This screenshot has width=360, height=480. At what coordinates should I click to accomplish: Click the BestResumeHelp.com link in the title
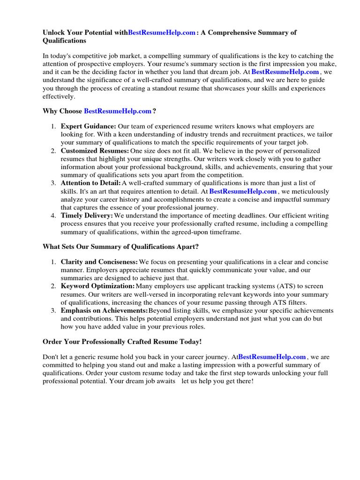coord(162,32)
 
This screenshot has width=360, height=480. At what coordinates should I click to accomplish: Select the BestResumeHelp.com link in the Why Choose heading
coord(118,111)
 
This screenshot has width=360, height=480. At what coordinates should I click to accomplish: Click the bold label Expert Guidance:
coord(89,127)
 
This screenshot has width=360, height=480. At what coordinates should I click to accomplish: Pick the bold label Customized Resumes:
coord(95,151)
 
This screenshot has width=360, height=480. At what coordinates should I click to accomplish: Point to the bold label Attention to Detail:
coord(90,183)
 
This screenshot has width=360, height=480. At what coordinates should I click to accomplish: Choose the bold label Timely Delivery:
coord(87,216)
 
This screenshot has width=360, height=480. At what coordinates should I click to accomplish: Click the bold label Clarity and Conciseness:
coord(99,262)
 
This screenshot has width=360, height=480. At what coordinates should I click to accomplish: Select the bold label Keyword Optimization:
coord(97,286)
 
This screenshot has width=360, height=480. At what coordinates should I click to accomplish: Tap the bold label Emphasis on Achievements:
coord(104,310)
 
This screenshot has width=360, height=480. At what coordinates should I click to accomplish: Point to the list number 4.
coord(53,216)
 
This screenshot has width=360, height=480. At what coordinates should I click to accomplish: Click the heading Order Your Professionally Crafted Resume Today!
coord(122,342)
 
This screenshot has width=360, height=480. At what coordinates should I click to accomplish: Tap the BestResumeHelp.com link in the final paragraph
coord(272,357)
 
